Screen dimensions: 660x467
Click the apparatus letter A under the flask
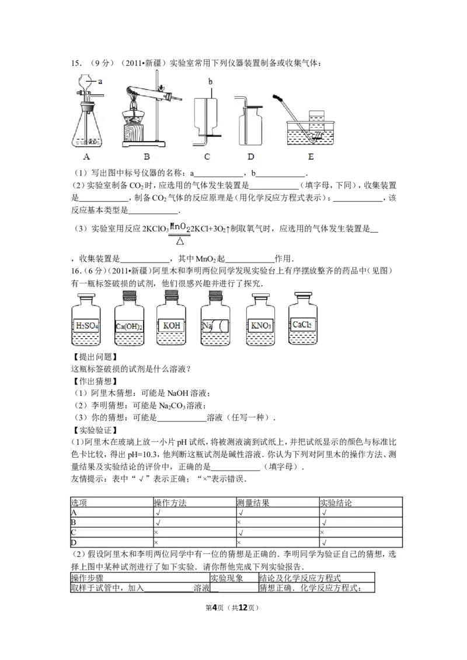(x=86, y=156)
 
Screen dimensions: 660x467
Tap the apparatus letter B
(x=147, y=156)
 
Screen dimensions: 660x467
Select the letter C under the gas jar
(x=207, y=156)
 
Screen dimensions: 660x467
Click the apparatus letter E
(x=311, y=156)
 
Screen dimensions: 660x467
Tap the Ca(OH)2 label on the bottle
(x=129, y=326)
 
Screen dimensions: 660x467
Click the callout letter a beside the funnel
(x=100, y=81)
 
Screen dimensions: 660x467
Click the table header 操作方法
(x=170, y=502)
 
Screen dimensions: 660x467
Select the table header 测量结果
(x=253, y=502)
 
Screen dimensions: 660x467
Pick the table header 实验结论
(x=336, y=502)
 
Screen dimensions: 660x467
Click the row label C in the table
(x=74, y=532)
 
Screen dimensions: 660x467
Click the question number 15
(x=75, y=63)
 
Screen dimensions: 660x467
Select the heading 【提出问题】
(x=93, y=357)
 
